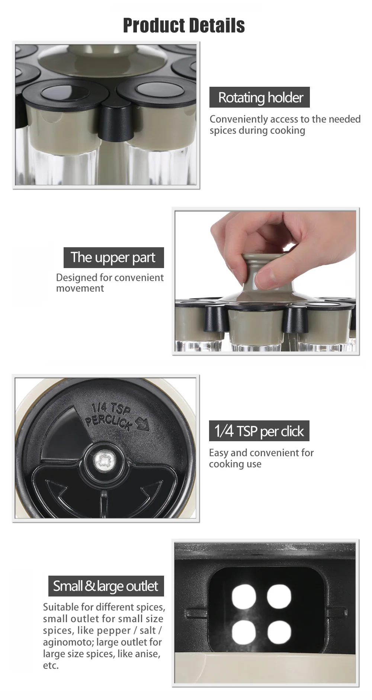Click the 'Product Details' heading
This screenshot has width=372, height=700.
184,25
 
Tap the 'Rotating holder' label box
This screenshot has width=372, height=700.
259,98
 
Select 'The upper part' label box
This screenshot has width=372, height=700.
113,257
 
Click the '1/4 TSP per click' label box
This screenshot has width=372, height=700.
259,431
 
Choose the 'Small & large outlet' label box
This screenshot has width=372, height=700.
106,586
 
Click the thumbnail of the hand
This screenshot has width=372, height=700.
266,281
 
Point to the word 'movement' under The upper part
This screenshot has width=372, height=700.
80,288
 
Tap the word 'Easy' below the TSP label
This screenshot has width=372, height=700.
218,453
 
